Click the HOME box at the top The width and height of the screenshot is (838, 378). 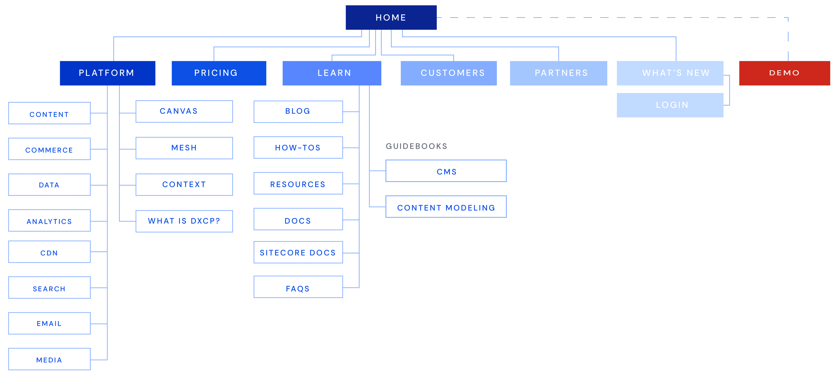pyautogui.click(x=391, y=17)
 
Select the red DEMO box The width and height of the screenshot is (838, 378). pyautogui.click(x=784, y=73)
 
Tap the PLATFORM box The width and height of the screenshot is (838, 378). pyautogui.click(x=107, y=73)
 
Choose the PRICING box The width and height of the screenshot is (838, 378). pyautogui.click(x=219, y=73)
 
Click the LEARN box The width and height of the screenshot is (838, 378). pyautogui.click(x=332, y=73)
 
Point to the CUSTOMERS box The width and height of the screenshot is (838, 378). pyautogui.click(x=449, y=73)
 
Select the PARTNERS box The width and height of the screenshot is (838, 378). pyautogui.click(x=558, y=73)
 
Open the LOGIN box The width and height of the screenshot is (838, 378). pyautogui.click(x=670, y=105)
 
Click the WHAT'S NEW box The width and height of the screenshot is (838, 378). pyautogui.click(x=670, y=73)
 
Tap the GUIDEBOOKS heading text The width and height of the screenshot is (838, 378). pyautogui.click(x=416, y=146)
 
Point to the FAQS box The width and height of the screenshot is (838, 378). pyautogui.click(x=298, y=287)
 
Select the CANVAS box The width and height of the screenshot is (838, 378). pyautogui.click(x=184, y=111)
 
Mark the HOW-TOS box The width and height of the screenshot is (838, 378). pyautogui.click(x=298, y=148)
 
